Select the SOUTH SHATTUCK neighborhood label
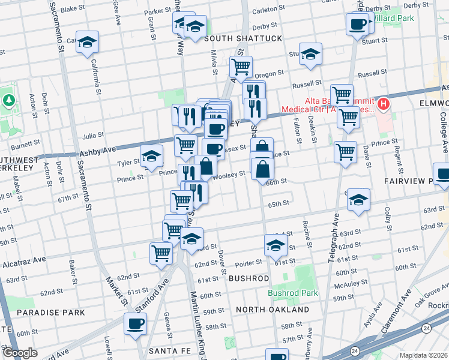(243, 38)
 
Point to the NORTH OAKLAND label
(272, 310)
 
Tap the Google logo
(20, 353)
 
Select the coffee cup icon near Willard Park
(358, 25)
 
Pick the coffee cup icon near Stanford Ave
(135, 325)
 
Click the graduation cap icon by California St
(87, 43)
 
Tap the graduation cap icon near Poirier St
(276, 245)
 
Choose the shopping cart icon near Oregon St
(241, 67)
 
